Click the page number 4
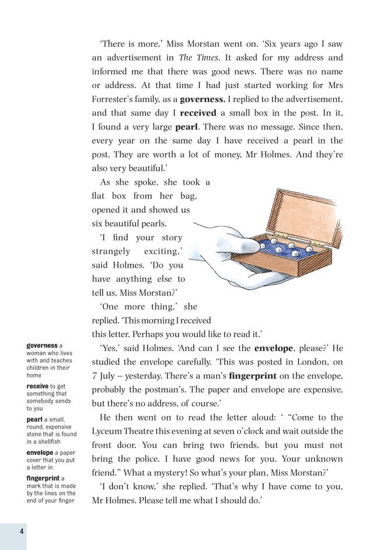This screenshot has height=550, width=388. click(x=20, y=530)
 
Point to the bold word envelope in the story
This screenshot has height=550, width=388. click(x=274, y=349)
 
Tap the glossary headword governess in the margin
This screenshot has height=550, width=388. click(x=42, y=345)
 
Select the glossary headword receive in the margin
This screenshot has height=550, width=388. click(x=37, y=386)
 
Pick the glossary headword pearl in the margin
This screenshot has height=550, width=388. click(x=34, y=419)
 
